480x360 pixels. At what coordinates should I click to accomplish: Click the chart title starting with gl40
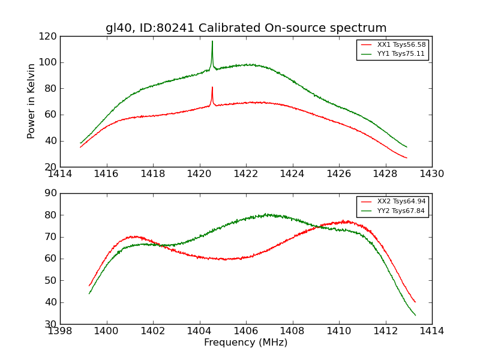tap(246, 28)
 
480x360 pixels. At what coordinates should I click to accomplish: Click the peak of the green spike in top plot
tap(212, 41)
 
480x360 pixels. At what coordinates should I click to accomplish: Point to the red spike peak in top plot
tap(212, 88)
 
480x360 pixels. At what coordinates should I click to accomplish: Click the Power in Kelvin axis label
tap(31, 101)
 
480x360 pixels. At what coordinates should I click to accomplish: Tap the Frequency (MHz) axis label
tap(246, 343)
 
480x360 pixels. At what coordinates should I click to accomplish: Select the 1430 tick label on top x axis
tap(432, 174)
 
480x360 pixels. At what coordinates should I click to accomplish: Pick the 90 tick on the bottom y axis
tap(52, 193)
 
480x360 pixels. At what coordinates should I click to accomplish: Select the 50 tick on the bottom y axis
tap(52, 280)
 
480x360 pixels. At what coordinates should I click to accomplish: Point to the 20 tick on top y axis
tap(52, 167)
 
